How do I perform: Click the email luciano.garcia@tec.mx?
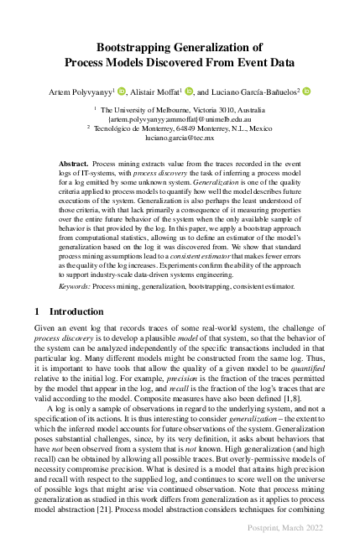180,138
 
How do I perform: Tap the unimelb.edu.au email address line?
180,119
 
